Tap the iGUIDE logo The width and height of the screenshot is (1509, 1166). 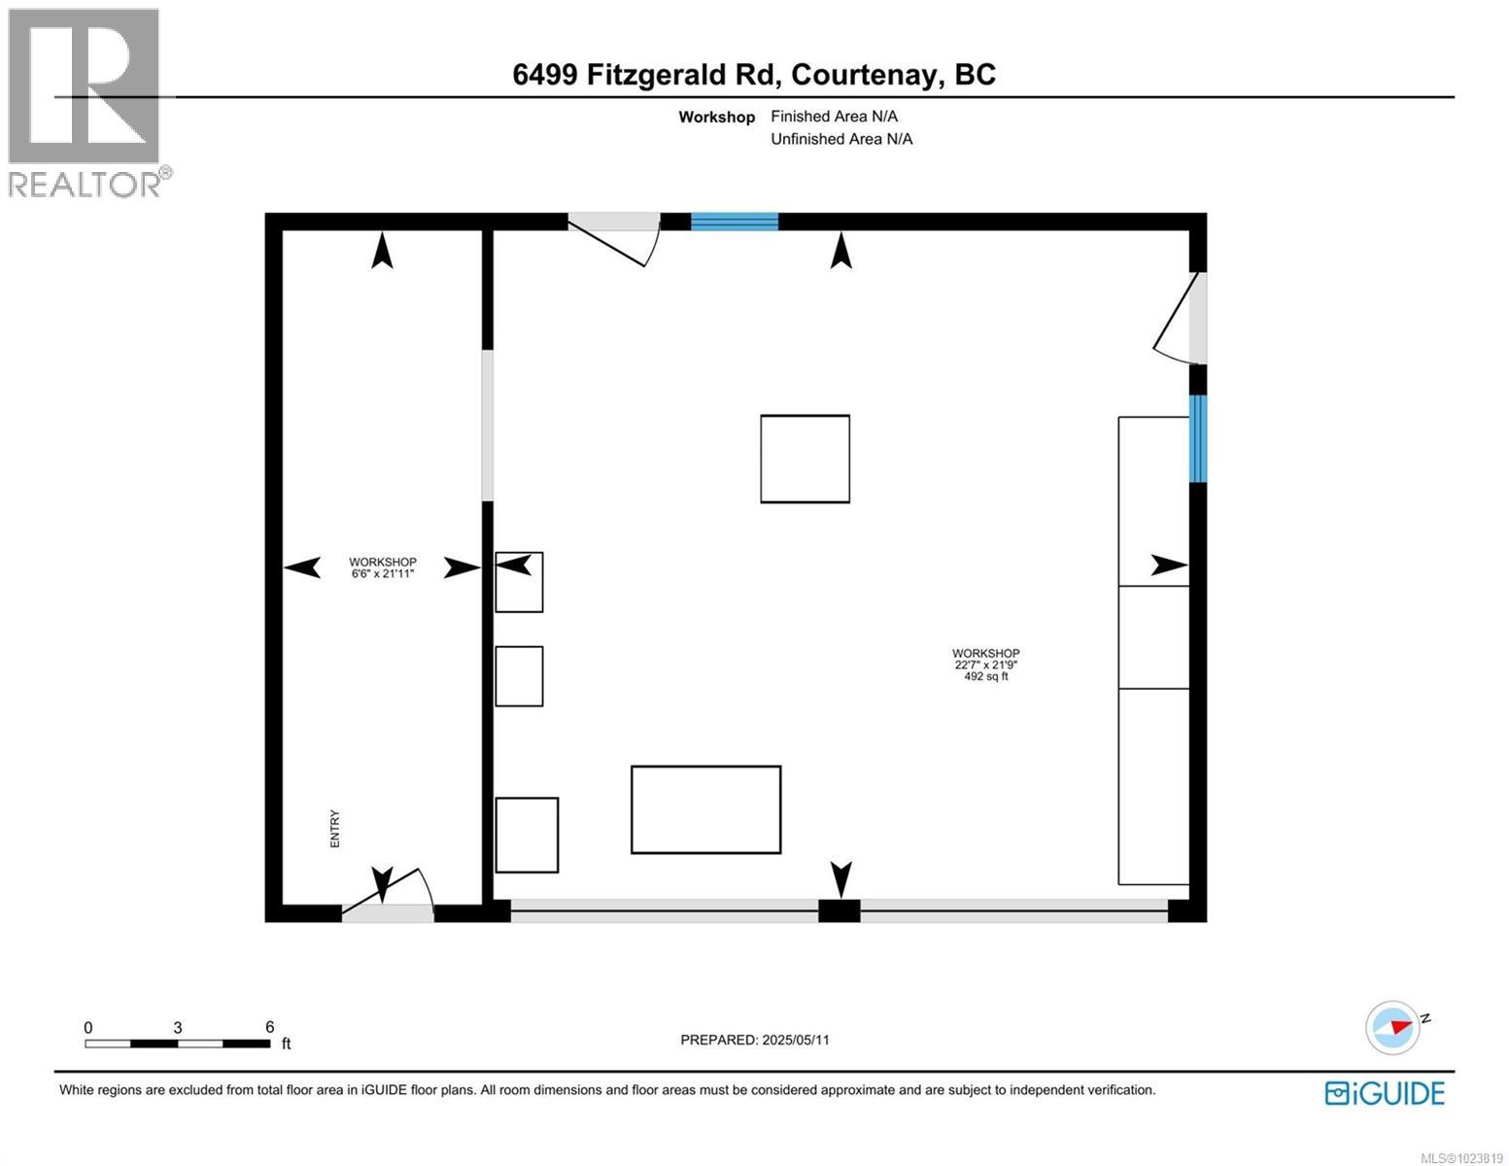[x=1385, y=1093]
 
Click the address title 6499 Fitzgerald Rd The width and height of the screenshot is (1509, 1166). [x=754, y=75]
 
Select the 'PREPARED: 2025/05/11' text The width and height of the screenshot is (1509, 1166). [x=755, y=1040]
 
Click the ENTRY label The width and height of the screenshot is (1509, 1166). [x=335, y=829]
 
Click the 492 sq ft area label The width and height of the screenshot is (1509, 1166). [x=985, y=677]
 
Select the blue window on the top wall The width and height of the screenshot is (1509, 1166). [x=735, y=222]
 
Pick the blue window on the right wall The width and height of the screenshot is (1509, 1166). [x=1198, y=438]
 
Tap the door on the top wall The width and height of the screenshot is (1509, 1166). [x=614, y=233]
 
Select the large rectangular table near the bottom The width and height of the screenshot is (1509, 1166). [x=705, y=809]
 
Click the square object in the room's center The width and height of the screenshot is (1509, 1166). [x=805, y=459]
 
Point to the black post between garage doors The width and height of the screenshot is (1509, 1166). [x=840, y=911]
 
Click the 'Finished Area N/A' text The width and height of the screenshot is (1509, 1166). [x=834, y=117]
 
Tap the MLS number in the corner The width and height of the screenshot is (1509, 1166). [x=1462, y=1156]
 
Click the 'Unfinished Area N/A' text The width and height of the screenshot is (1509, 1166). [x=841, y=139]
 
